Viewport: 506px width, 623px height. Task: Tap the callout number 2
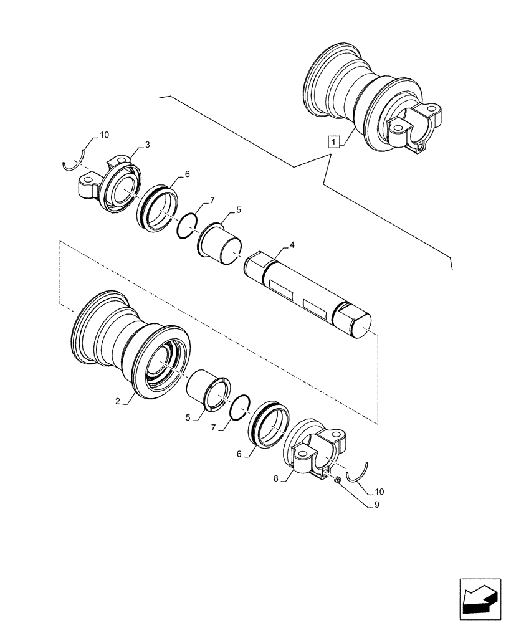117,401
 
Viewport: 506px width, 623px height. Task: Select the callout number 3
147,145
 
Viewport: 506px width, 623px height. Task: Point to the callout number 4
292,246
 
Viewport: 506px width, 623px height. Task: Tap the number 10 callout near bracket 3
103,135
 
